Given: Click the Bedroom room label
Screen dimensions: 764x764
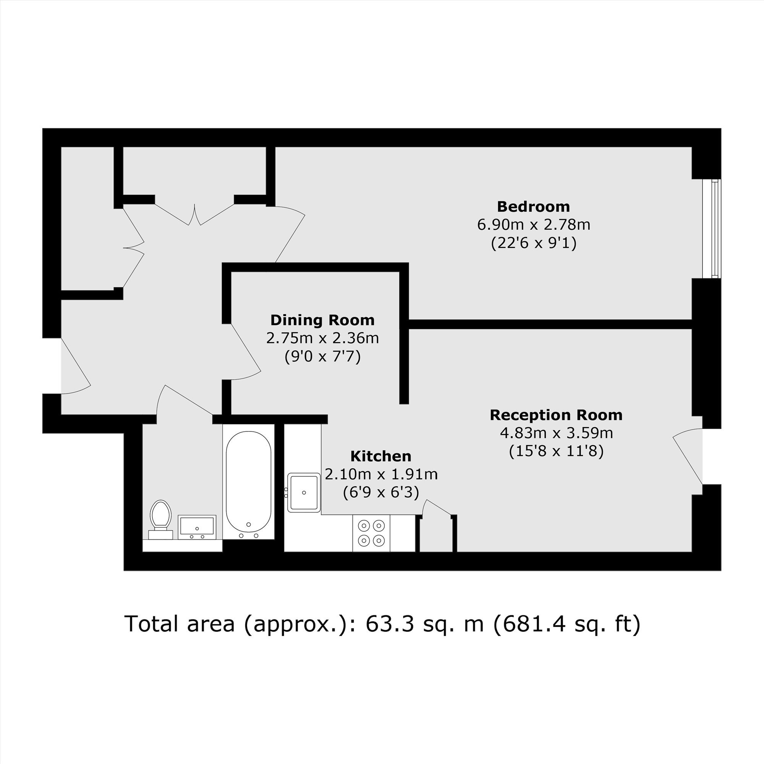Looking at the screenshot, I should pos(533,206).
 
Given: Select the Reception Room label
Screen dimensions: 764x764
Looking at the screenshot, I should pos(556,415).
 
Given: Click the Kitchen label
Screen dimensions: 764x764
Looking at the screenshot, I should pos(381,456).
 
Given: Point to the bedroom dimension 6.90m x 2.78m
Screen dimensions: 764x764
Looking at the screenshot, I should pos(533,225).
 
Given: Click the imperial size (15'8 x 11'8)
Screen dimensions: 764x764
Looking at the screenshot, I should pos(556,451).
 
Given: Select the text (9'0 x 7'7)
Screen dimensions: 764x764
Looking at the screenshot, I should pos(323,357).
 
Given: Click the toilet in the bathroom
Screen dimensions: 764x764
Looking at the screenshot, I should pos(160,518).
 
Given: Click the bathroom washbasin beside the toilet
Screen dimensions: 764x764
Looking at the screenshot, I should pos(196,527).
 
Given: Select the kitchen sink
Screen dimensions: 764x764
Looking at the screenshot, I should pos(304,492).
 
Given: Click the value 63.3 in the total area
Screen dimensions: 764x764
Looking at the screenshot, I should pos(390,624).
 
